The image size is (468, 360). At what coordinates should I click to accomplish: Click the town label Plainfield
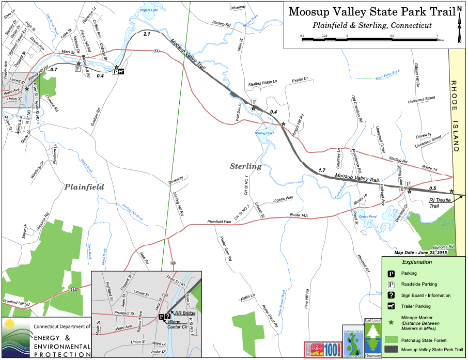click(x=84, y=187)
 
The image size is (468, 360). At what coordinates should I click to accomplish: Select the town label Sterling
click(x=245, y=166)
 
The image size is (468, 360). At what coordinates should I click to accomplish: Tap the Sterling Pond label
click(x=264, y=133)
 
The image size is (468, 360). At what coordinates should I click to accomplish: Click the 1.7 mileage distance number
click(x=322, y=170)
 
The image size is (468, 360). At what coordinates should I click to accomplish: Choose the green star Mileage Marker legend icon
click(x=392, y=322)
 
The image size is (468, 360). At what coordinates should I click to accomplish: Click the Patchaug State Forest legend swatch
click(x=392, y=339)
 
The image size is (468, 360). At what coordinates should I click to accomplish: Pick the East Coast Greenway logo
click(x=373, y=338)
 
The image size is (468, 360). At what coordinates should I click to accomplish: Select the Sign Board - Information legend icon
click(x=392, y=295)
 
